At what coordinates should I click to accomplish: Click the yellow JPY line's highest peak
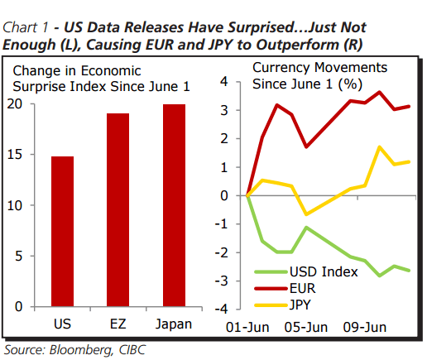tap(378, 146)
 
